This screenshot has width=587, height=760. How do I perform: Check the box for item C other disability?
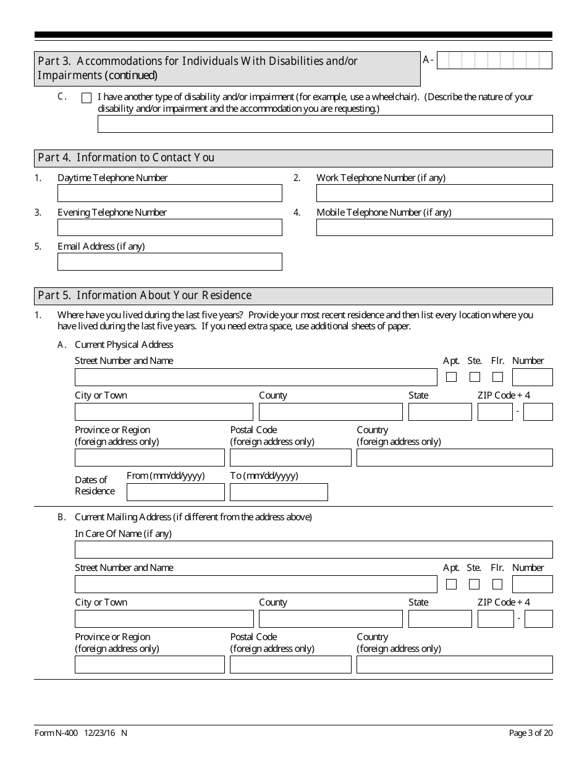pos(87,98)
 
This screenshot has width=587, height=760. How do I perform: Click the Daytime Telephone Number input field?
pos(169,193)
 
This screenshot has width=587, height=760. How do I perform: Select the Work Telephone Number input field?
pos(434,193)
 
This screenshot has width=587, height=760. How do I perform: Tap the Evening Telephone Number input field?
pos(169,227)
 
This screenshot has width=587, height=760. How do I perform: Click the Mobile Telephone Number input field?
pos(434,227)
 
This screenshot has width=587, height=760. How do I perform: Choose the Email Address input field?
pos(169,262)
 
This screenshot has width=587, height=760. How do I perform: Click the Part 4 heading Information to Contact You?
pos(126,158)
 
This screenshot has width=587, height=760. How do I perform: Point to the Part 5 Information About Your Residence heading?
pos(145,296)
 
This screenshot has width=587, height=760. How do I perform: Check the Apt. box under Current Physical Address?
pos(452,377)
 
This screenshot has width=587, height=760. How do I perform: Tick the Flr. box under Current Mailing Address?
pos(497,584)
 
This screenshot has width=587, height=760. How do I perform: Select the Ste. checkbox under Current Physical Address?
pos(475,377)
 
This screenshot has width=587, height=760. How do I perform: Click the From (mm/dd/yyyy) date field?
pos(175,492)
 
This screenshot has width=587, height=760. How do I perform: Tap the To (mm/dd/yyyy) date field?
pos(279,492)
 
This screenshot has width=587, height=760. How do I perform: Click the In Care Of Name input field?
pos(313,550)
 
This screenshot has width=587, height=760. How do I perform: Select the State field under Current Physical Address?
pos(439,412)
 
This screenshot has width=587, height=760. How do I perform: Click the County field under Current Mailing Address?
pos(331,619)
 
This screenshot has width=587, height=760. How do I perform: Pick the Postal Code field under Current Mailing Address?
pos(290,665)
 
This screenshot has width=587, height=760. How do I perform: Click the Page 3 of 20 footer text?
pos(530,733)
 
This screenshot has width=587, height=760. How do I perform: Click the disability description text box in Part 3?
pos(325,124)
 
